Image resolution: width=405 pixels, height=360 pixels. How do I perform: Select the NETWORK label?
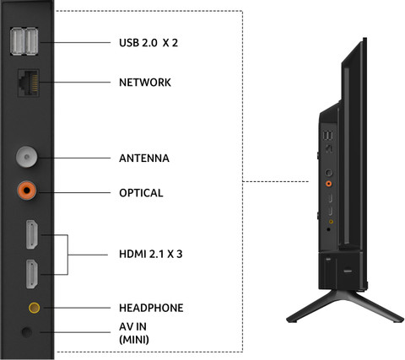145,83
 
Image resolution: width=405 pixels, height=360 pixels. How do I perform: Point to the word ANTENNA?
144,158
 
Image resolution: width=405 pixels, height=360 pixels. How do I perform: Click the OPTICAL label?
141,192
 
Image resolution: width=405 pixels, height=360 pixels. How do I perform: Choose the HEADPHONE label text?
151,308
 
